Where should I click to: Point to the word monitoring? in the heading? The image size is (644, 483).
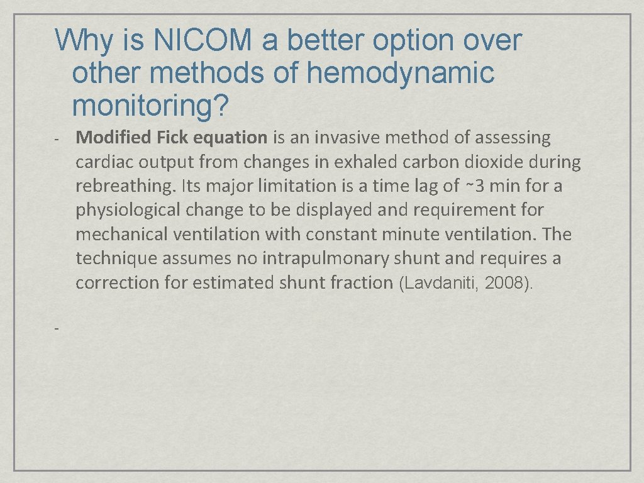[x=150, y=106]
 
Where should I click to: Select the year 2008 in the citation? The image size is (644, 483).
[x=506, y=284]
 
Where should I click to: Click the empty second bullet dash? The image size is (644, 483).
[x=57, y=328]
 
